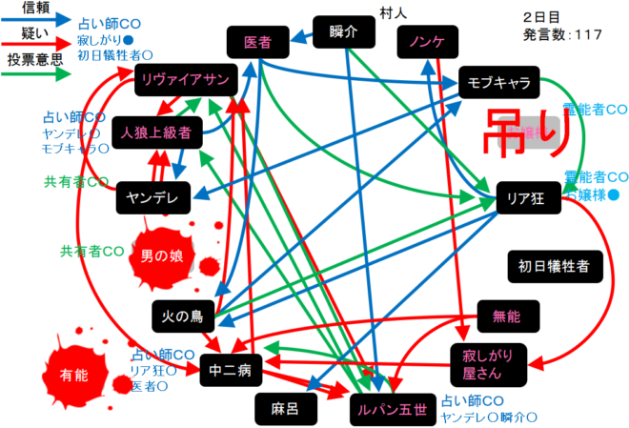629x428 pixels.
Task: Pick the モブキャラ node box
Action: [499, 82]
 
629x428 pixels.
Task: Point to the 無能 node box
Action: [506, 316]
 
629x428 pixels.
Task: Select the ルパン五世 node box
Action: [393, 408]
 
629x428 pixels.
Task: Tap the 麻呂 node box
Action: [286, 408]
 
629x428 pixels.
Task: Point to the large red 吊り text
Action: [536, 134]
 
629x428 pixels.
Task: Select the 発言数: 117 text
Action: [562, 35]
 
